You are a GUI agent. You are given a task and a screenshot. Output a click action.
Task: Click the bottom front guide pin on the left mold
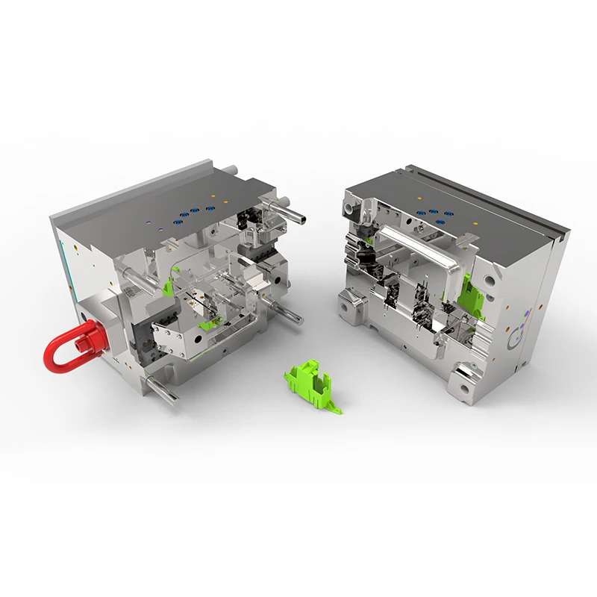(x=163, y=390)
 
